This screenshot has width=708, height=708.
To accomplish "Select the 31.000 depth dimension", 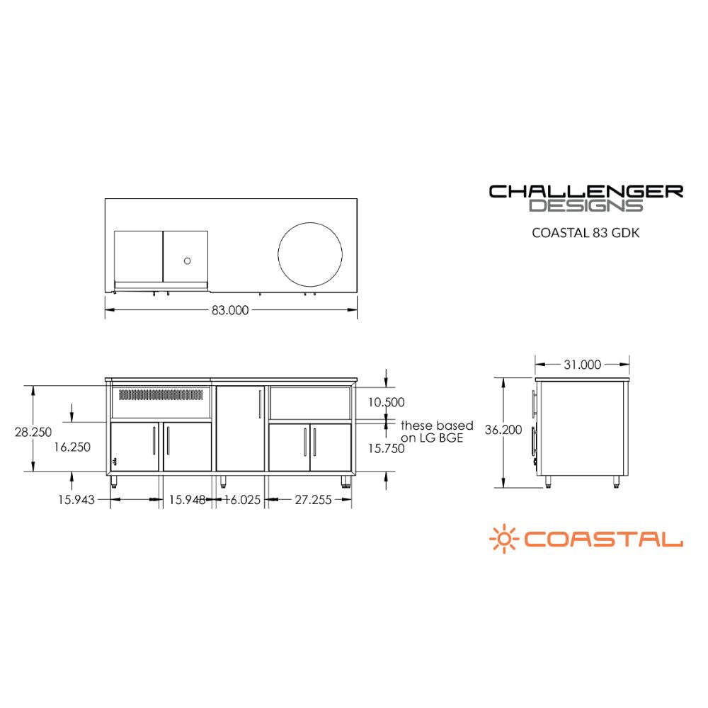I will coord(582,365).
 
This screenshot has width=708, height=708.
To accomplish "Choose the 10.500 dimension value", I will coord(386,402).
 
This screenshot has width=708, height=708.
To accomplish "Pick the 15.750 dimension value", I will coord(386,447).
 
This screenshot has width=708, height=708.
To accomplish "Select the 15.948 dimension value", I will coord(187,500).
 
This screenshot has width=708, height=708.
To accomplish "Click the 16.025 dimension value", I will coord(242,500).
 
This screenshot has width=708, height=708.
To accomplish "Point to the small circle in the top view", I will coord(187,261).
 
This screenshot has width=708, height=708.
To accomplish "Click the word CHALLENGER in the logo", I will coord(586,191).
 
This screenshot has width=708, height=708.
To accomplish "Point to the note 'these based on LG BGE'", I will coord(437,432).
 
